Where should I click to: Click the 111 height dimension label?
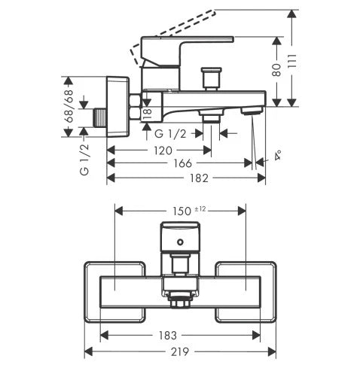pos(291,61)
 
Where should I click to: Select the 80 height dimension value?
pos(276,70)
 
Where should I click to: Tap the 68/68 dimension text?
pos(69,106)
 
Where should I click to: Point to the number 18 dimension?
pos(148,114)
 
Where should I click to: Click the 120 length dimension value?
pos(163,151)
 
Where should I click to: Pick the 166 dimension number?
pos(183,163)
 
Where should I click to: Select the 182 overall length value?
pos(199,178)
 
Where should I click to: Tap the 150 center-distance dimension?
pos(182,211)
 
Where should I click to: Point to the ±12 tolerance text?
pos(200,208)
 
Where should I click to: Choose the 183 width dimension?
pos(168,336)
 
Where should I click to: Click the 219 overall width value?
pos(180,351)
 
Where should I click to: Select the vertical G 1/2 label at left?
pos(84,160)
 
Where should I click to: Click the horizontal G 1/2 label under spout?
pos(170,134)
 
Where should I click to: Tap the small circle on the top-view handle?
pos(180,242)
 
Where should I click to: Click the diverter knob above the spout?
pos(212,78)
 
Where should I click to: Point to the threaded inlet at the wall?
pos(100,117)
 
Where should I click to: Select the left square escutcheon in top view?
pos(114,292)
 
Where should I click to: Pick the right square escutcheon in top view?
pos(246,292)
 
